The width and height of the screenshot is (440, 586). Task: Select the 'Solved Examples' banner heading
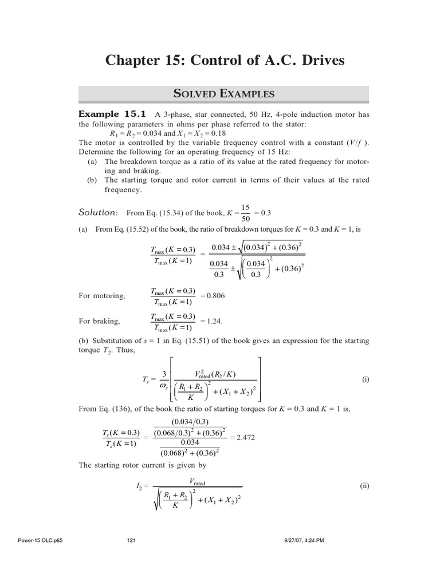(x=224, y=94)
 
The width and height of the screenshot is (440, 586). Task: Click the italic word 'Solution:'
(x=98, y=212)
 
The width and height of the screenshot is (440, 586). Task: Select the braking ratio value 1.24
(x=213, y=321)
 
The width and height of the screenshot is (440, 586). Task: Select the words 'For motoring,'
(x=102, y=296)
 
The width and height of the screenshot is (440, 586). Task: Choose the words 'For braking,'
(x=99, y=322)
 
